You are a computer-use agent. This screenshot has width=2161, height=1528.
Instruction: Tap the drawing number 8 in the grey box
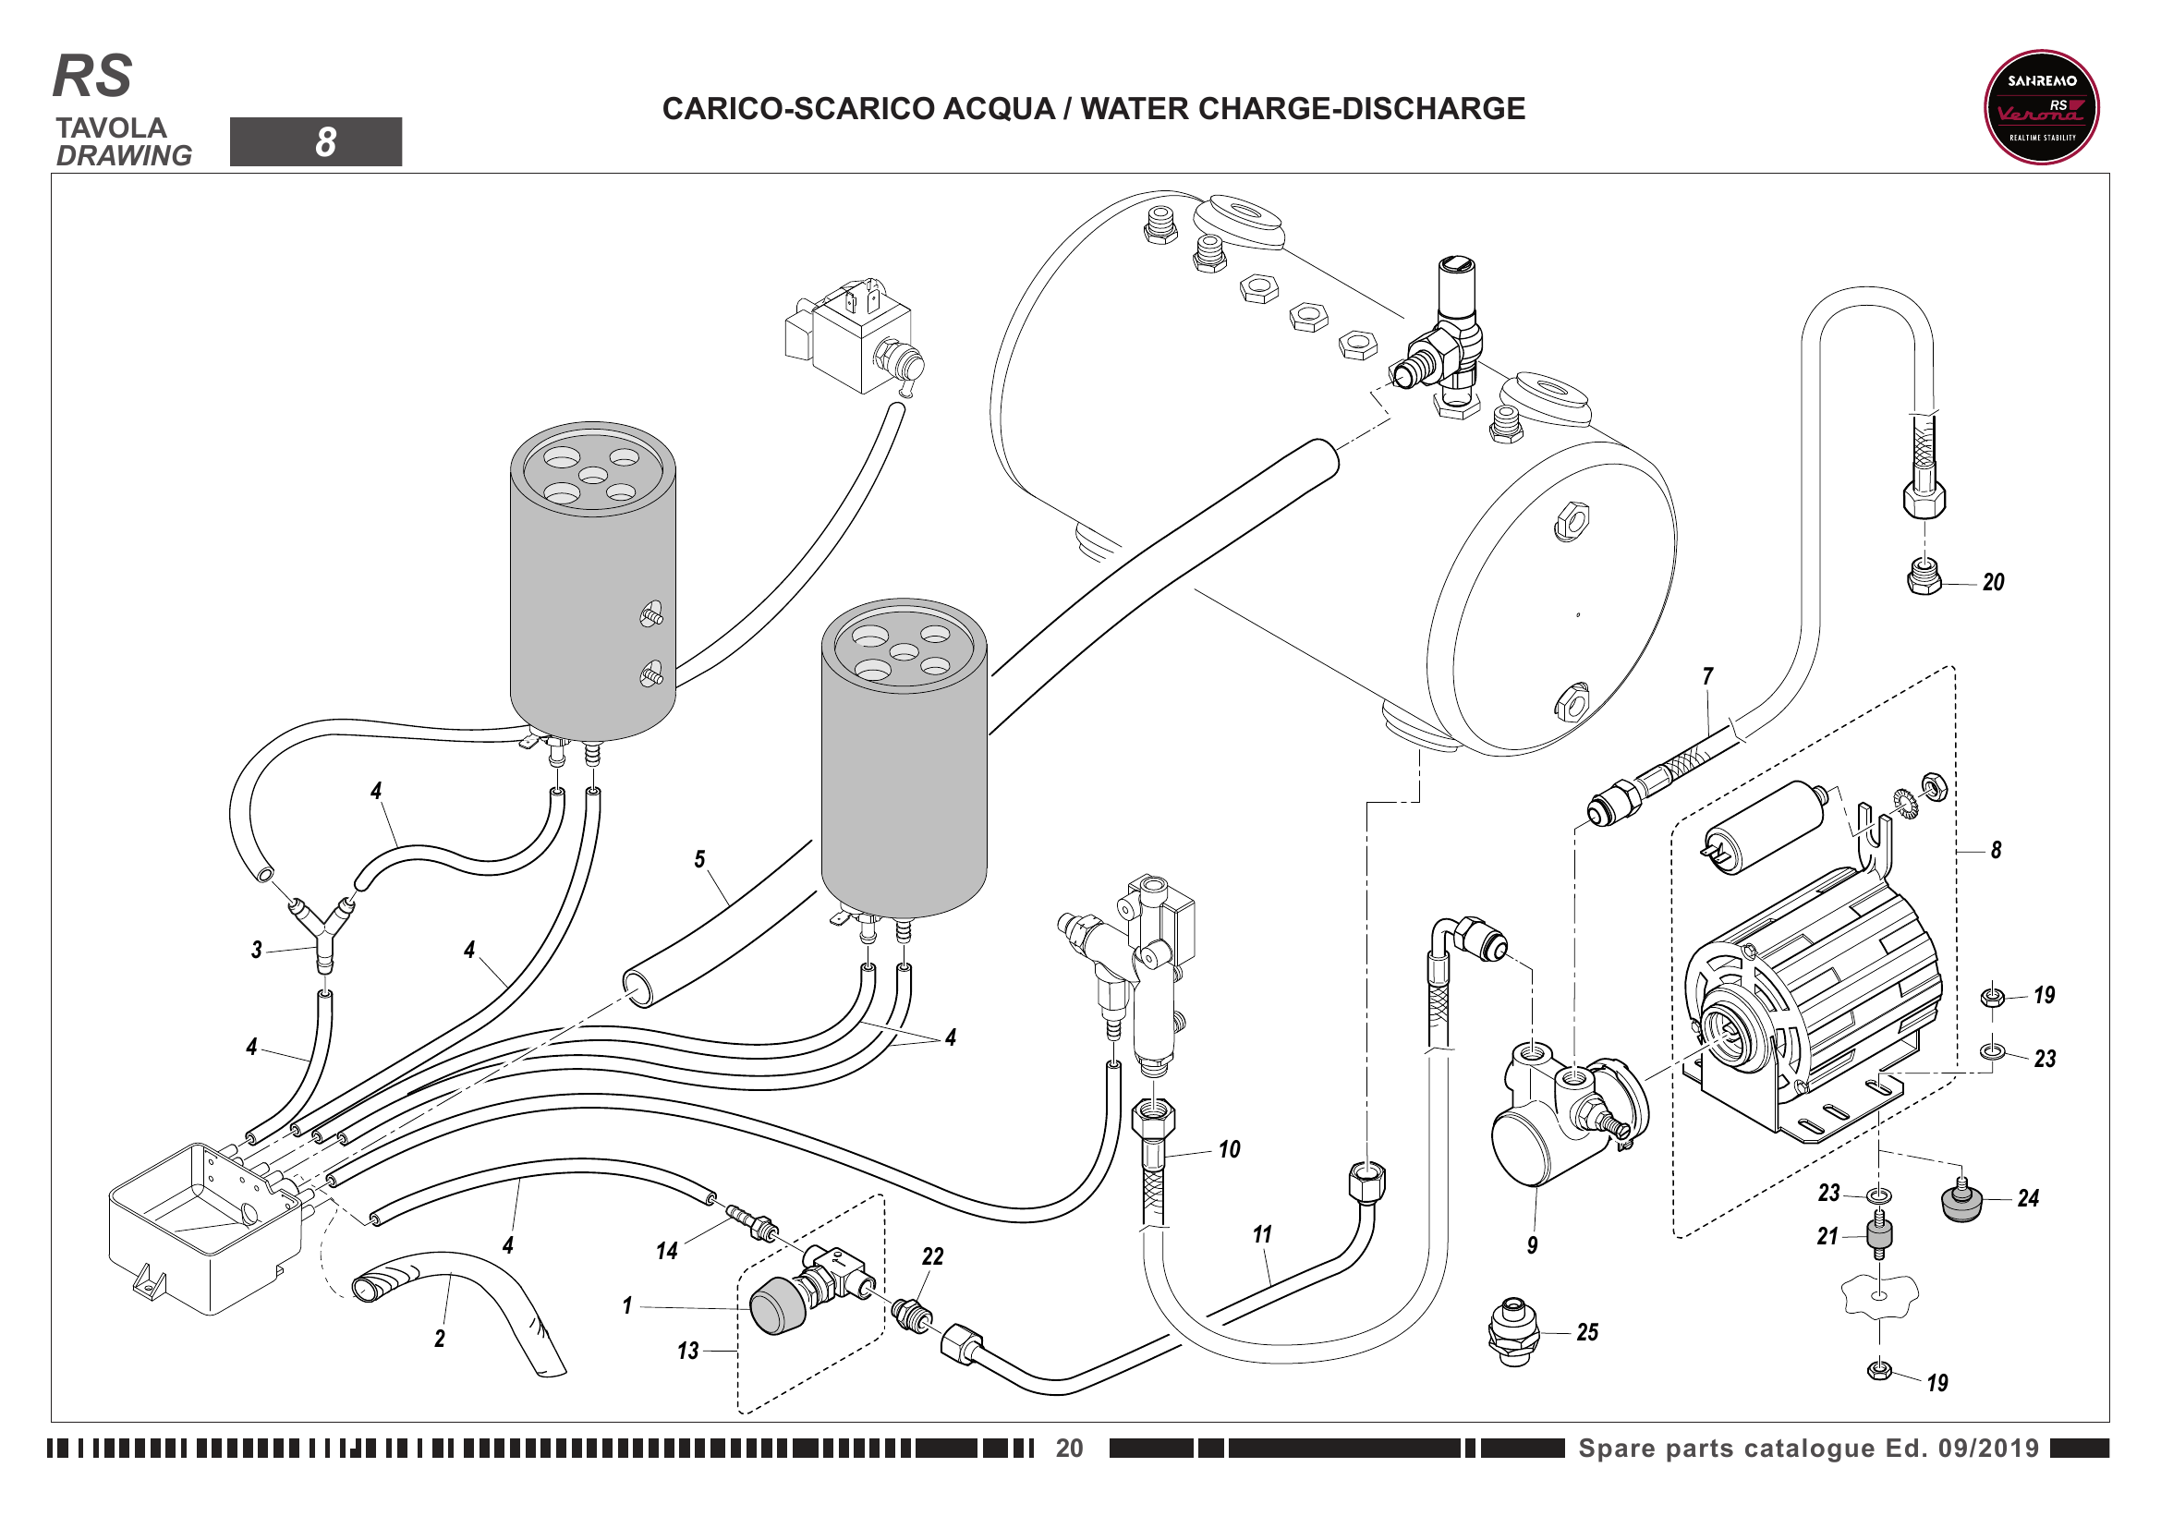click(324, 142)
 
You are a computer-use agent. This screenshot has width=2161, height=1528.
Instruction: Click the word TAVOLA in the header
click(110, 128)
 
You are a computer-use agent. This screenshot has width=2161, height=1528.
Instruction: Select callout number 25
click(1587, 1332)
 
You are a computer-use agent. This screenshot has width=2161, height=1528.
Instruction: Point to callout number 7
click(1707, 676)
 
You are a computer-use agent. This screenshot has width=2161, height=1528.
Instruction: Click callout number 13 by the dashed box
click(688, 1352)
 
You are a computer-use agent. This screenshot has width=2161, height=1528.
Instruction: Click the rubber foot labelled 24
click(1961, 1204)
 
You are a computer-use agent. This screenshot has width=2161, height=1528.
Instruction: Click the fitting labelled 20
click(1924, 576)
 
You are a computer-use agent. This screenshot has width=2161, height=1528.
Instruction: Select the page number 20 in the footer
click(1069, 1448)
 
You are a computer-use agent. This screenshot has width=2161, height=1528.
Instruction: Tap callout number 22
click(932, 1256)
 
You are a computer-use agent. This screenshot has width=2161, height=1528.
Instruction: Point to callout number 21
click(1827, 1236)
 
